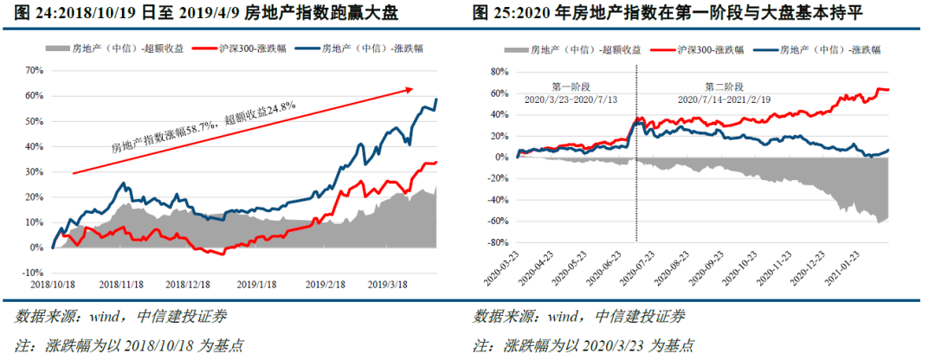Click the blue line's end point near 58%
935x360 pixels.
(x=436, y=100)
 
